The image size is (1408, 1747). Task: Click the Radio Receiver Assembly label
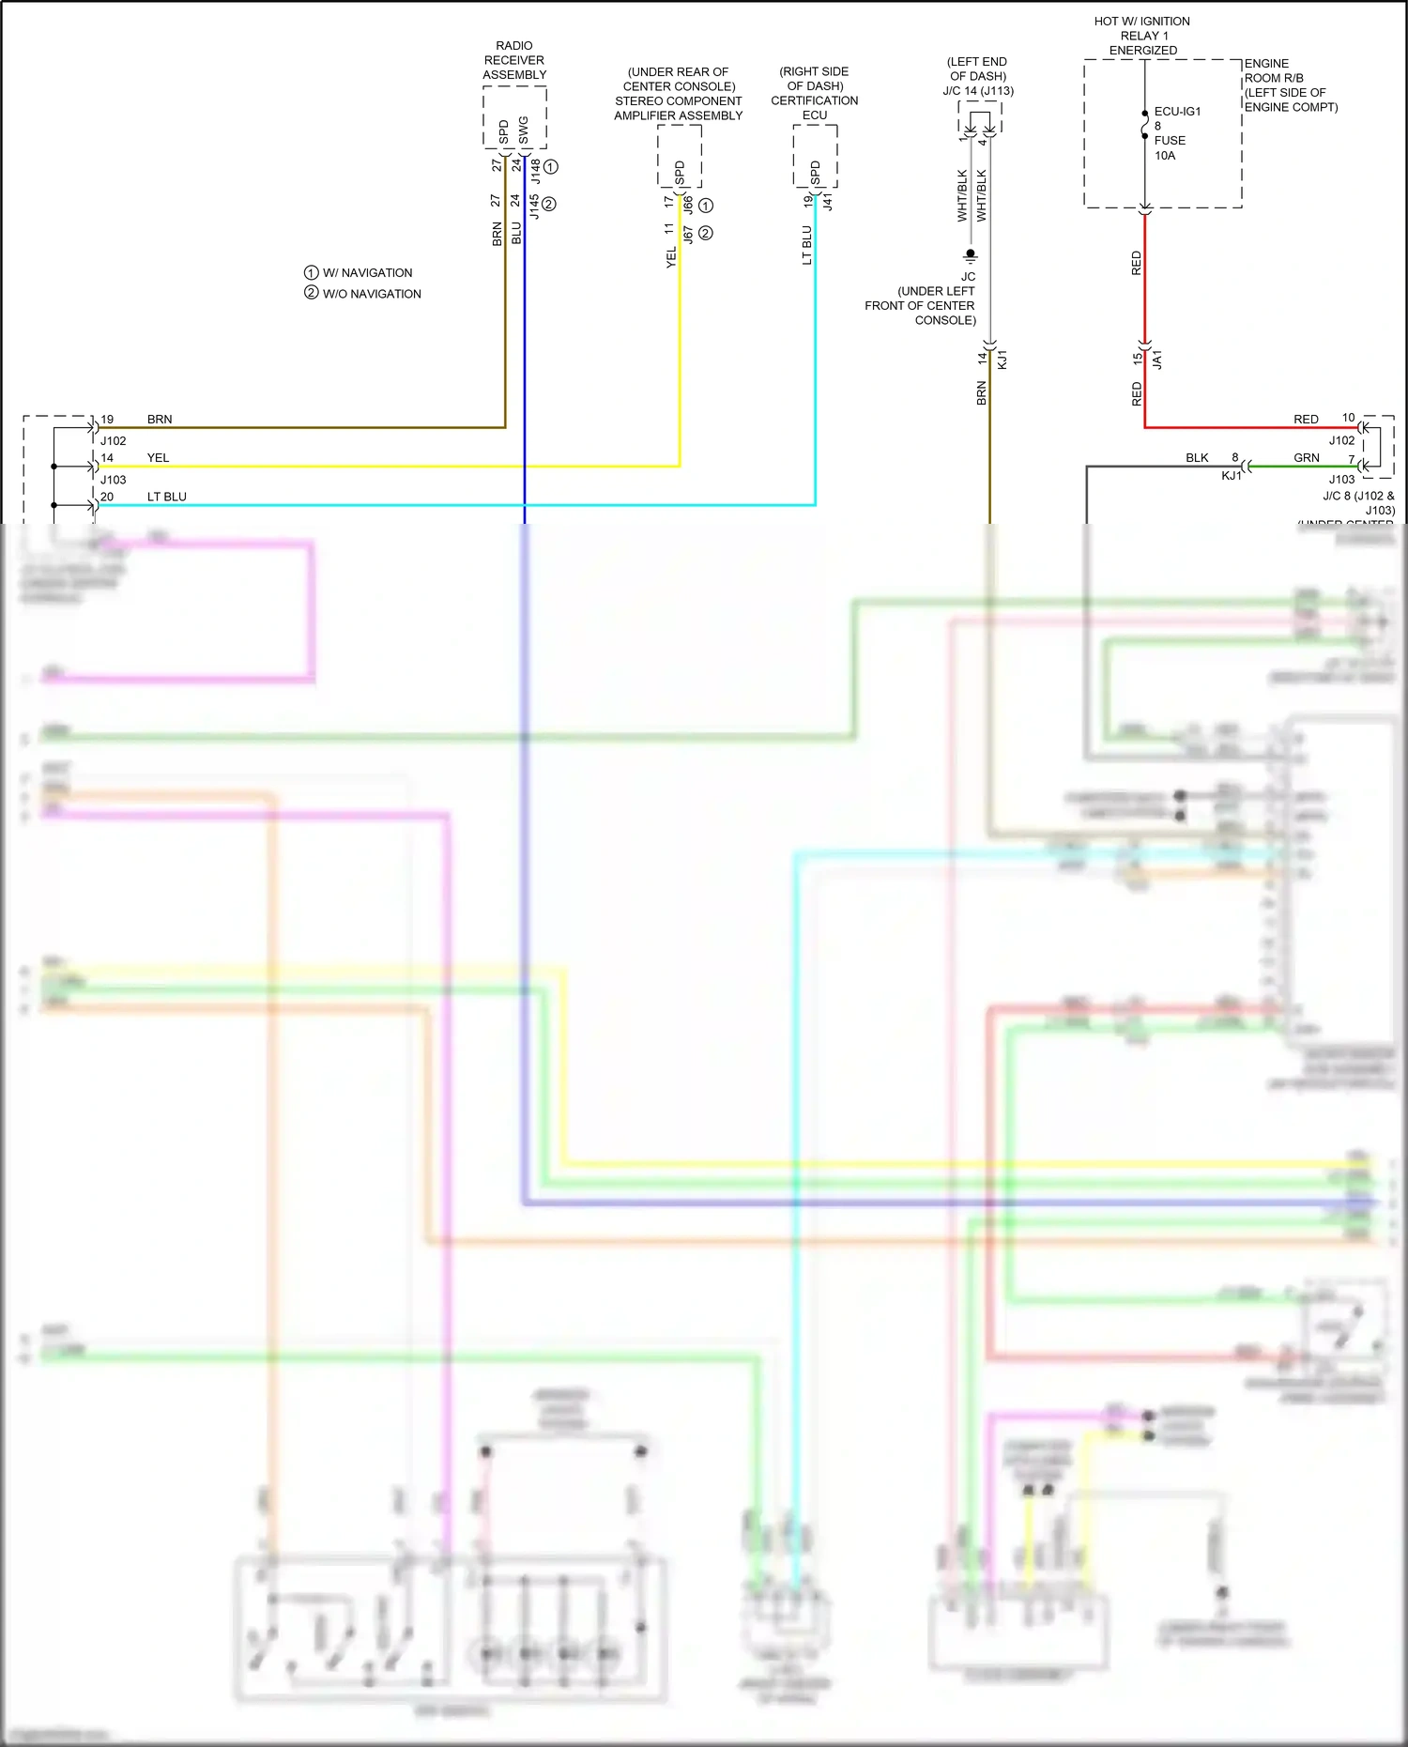513,60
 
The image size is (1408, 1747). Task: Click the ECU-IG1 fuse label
1176,112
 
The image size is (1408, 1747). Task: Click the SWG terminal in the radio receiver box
524,130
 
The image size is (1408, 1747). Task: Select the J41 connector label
828,201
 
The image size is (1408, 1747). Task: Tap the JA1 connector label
1157,360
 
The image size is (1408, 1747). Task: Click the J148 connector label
535,171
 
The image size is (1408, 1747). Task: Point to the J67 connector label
688,234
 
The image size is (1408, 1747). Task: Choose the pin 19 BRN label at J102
160,420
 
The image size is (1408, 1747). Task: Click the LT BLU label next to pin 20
166,497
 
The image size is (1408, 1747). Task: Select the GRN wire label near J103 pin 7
1306,458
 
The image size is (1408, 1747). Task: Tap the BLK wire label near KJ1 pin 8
1197,458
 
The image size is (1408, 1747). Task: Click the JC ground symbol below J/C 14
970,256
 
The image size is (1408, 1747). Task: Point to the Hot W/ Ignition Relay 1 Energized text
1142,36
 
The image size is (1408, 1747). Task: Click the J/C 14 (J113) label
978,91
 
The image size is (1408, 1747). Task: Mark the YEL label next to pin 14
158,458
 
